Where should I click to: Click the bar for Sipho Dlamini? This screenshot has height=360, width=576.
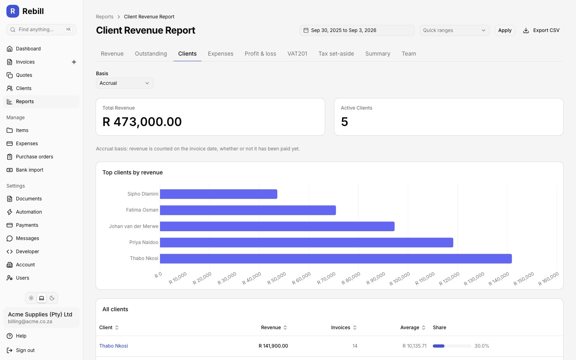pyautogui.click(x=218, y=194)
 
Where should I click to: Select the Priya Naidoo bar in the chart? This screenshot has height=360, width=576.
pyautogui.click(x=306, y=242)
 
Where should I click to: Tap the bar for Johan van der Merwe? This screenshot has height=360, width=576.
pyautogui.click(x=277, y=226)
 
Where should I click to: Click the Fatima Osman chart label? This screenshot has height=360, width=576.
pyautogui.click(x=142, y=210)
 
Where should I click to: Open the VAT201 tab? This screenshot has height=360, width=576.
pyautogui.click(x=297, y=54)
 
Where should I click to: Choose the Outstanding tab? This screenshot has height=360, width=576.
pyautogui.click(x=151, y=54)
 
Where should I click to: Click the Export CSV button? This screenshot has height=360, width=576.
pyautogui.click(x=541, y=30)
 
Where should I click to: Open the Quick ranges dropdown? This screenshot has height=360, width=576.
pyautogui.click(x=455, y=30)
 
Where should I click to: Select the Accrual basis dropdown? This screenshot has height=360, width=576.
pyautogui.click(x=125, y=83)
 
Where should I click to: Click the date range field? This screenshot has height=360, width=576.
pyautogui.click(x=357, y=30)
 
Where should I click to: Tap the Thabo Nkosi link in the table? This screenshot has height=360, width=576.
pyautogui.click(x=114, y=346)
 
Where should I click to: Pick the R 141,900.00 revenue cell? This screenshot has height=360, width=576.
pyautogui.click(x=273, y=346)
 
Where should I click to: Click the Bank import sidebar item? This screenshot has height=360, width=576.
pyautogui.click(x=30, y=170)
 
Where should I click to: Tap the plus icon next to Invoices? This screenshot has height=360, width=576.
pyautogui.click(x=74, y=62)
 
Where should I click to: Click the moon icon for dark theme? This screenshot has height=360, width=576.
pyautogui.click(x=52, y=298)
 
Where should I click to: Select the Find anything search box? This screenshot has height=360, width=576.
pyautogui.click(x=42, y=30)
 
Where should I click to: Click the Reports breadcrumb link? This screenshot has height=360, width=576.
pyautogui.click(x=105, y=17)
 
